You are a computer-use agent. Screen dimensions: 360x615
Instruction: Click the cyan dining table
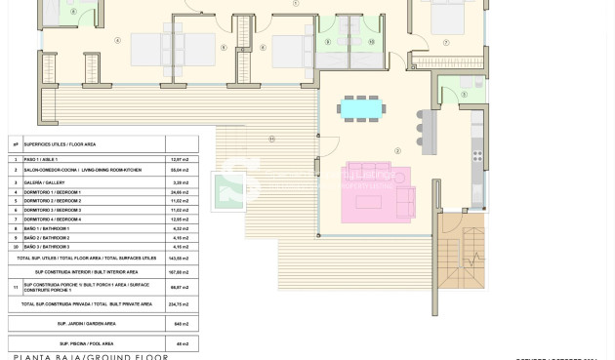pyautogui.click(x=361, y=109)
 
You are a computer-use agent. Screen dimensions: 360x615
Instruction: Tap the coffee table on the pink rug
pyautogui.click(x=368, y=202)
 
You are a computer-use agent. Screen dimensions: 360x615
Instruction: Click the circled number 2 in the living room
pyautogui.click(x=397, y=151)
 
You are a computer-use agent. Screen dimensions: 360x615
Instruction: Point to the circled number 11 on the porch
pyautogui.click(x=271, y=138)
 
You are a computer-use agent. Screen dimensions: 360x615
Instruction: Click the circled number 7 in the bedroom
pyautogui.click(x=446, y=42)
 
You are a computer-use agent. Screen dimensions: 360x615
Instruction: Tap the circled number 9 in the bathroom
pyautogui.click(x=329, y=42)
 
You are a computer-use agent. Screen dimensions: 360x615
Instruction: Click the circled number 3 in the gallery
pyautogui.click(x=464, y=95)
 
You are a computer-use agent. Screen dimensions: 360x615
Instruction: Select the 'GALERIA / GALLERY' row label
pyautogui.click(x=44, y=181)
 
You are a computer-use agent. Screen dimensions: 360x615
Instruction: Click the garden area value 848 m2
pyautogui.click(x=181, y=323)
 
